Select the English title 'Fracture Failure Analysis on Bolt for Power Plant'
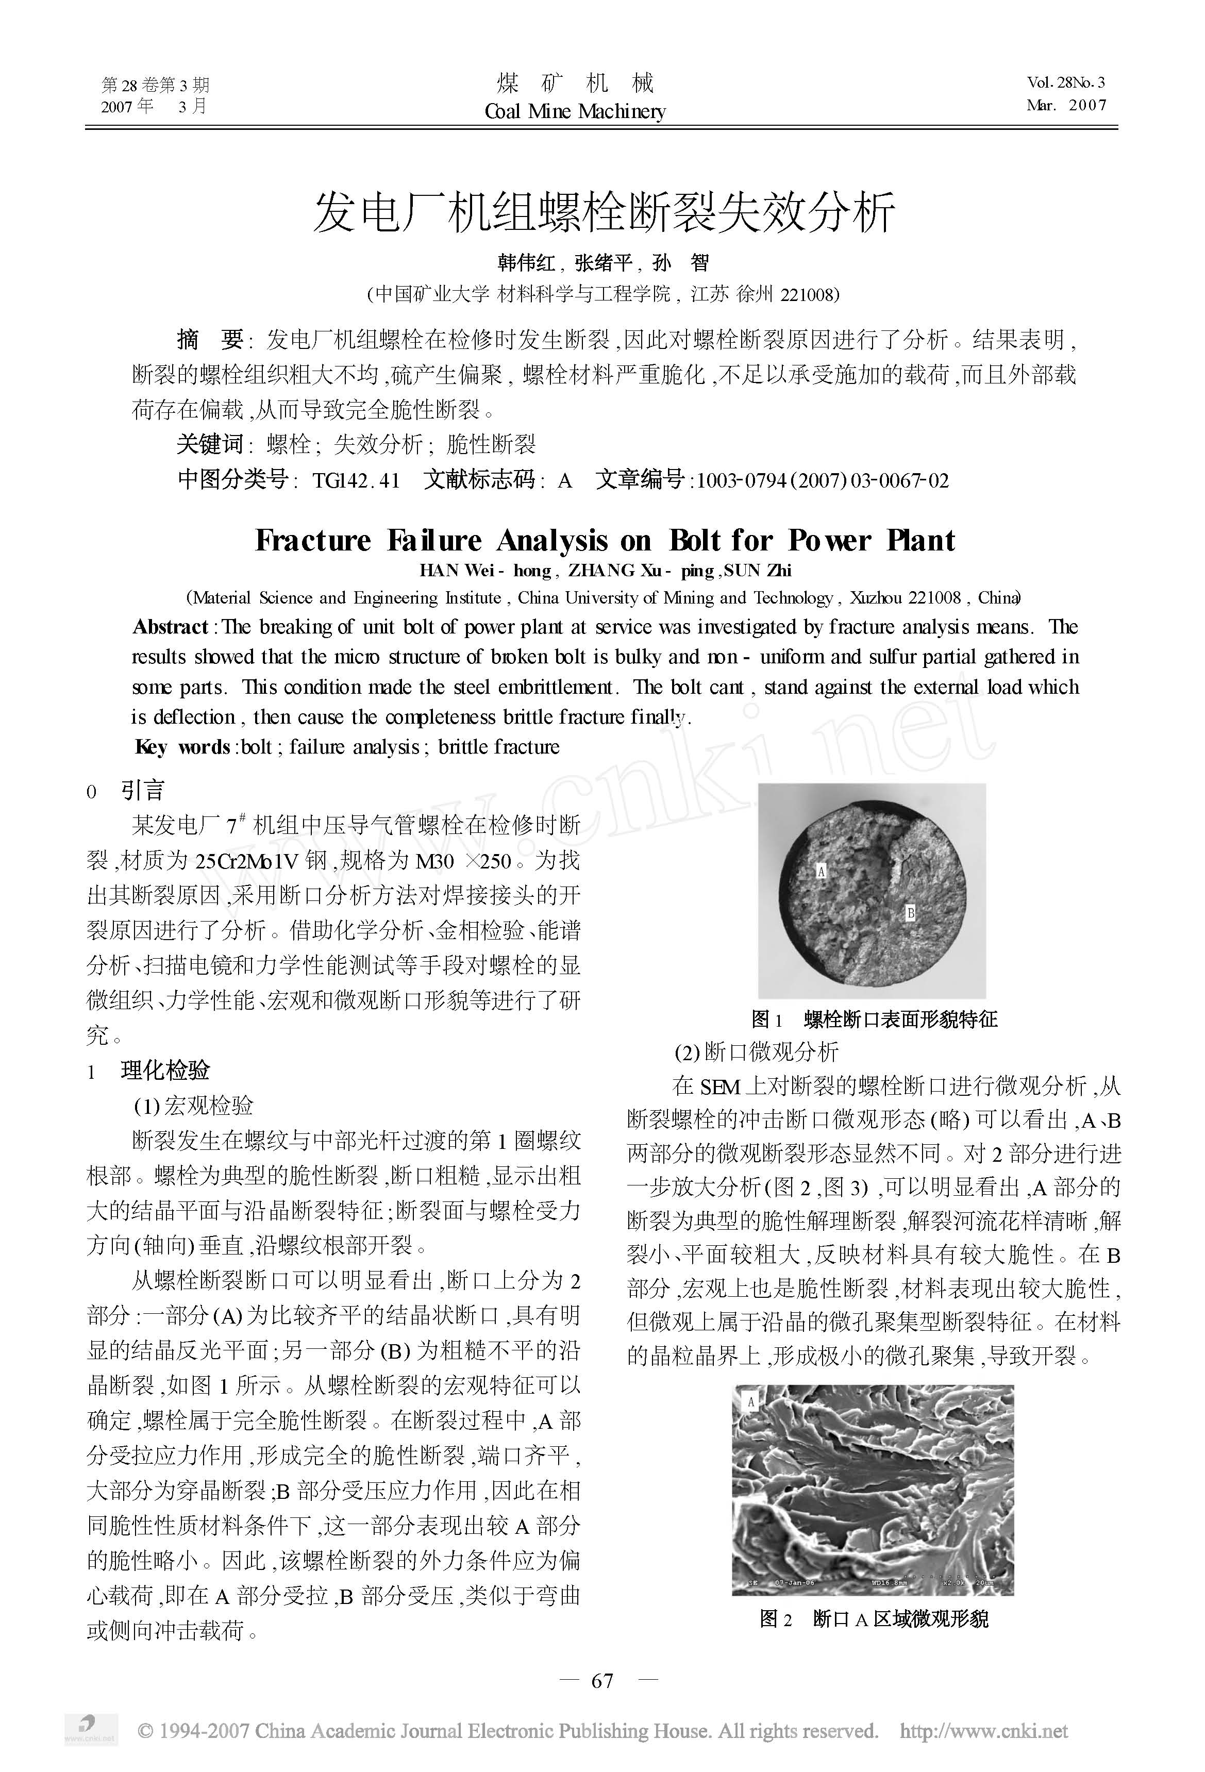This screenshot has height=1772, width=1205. (x=604, y=541)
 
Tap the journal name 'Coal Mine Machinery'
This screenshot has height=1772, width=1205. (x=575, y=111)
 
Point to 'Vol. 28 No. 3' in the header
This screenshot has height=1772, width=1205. (x=1065, y=82)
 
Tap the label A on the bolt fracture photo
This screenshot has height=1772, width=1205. (x=822, y=870)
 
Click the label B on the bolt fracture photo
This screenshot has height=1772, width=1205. (x=910, y=912)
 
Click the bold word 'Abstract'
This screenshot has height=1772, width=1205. (x=170, y=627)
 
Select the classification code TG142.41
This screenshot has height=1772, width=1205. (x=356, y=480)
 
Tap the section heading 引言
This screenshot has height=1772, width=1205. (x=143, y=790)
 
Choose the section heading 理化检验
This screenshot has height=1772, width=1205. (x=165, y=1071)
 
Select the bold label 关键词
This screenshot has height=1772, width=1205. (x=209, y=444)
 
